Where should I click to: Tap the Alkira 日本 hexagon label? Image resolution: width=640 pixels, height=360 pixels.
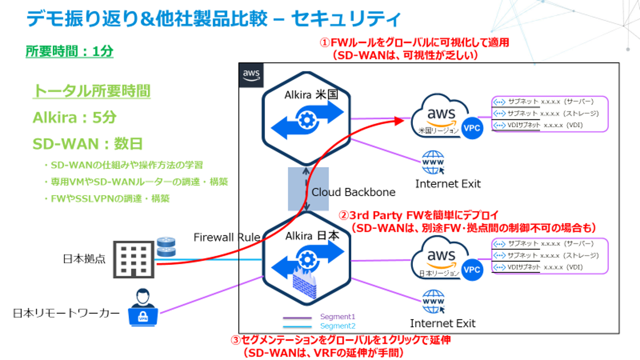305,235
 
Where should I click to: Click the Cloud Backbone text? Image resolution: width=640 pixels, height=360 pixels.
353,192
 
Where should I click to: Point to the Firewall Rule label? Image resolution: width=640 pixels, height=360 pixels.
227,237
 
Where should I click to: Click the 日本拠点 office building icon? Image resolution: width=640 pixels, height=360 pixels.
132,260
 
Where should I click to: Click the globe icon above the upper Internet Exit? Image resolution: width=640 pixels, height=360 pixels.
433,163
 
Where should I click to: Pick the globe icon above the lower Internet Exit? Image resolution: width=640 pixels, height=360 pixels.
433,303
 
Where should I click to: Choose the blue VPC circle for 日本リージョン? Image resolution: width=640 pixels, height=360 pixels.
471,270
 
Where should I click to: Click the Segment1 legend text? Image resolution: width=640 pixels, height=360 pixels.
338,317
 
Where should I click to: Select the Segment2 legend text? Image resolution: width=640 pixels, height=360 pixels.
338,326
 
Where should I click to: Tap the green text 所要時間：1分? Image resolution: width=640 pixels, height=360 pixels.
69,52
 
